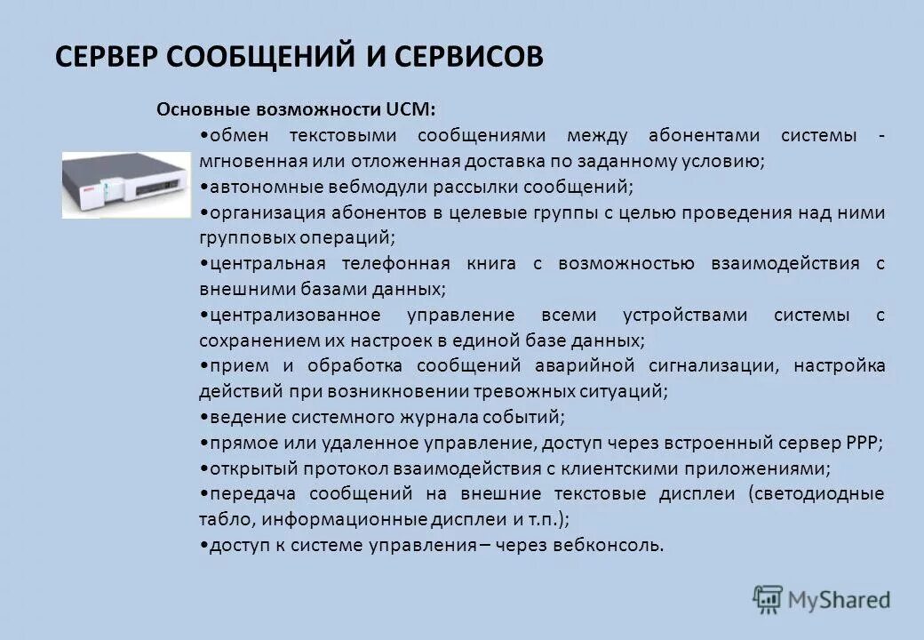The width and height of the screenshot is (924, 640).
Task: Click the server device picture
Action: coord(125,184)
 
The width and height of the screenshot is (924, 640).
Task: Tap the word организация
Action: coord(260,212)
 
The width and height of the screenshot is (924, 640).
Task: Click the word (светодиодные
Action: coord(816,493)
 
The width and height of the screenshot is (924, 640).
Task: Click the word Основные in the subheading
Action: coord(203,109)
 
